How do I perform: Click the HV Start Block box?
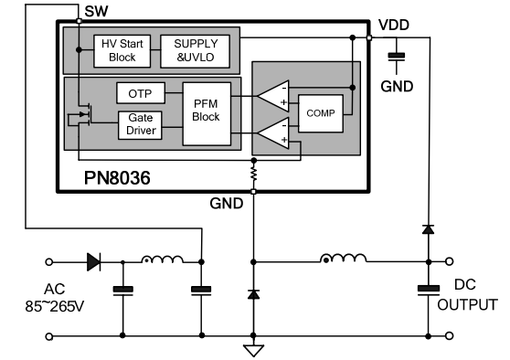(122, 51)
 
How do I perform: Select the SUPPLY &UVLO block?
(196, 51)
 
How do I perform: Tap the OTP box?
(141, 93)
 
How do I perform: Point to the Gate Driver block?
(140, 125)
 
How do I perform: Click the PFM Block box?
(207, 114)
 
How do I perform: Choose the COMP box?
(321, 113)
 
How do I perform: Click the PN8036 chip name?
(117, 178)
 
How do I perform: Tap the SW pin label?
(96, 11)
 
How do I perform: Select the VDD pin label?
(394, 25)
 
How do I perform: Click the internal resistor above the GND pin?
(254, 174)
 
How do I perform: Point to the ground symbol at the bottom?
(253, 351)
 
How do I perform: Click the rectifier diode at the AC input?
(93, 262)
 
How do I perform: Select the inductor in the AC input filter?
(162, 259)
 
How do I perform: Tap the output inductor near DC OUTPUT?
(343, 259)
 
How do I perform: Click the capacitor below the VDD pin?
(397, 57)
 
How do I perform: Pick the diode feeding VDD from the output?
(428, 229)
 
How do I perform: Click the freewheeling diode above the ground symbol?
(253, 294)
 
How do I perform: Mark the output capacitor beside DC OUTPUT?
(429, 290)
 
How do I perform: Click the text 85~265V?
(55, 306)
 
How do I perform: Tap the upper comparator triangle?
(273, 96)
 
